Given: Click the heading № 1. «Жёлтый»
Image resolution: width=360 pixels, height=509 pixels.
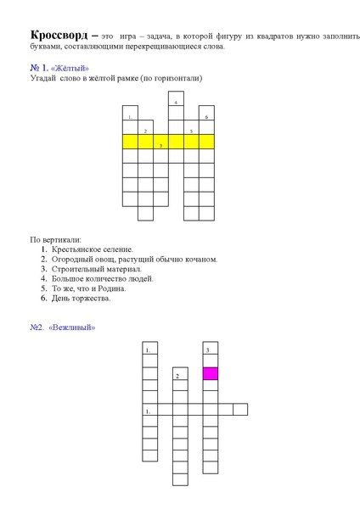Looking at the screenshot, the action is coord(59,68).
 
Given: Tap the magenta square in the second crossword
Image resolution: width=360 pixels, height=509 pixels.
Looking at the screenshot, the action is coord(210,373).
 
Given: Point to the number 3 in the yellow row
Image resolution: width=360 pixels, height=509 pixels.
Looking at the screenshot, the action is coord(160,145).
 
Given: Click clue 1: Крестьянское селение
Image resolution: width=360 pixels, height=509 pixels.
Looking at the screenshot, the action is coord(92,249).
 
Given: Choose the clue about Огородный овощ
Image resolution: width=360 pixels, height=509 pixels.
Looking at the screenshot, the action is coord(134,260).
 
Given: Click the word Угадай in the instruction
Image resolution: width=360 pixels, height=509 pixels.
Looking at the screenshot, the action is coord(43,79).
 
